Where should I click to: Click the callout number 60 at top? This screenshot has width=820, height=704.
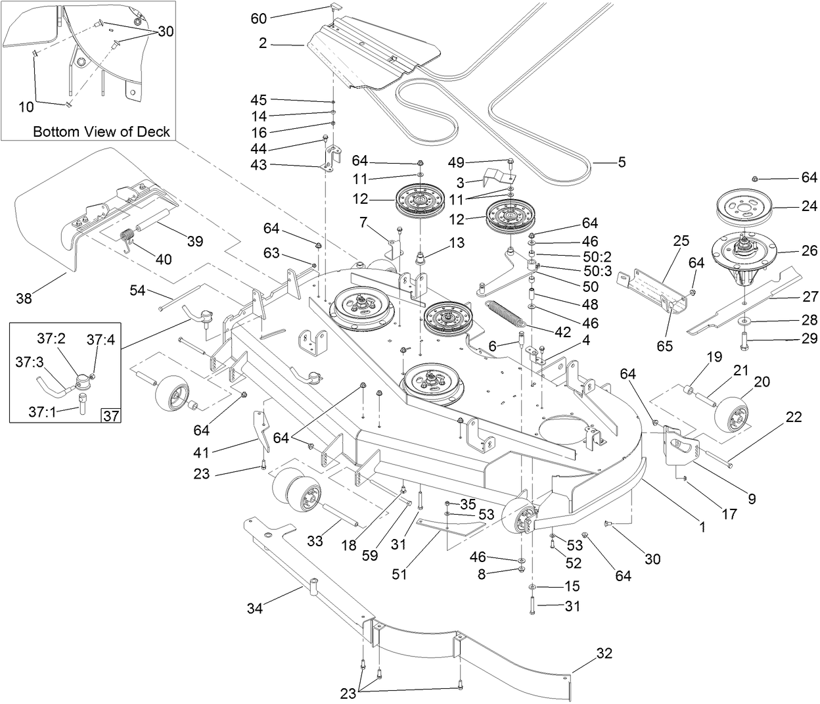pos(259,18)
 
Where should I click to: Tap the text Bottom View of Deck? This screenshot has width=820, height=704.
pos(101,131)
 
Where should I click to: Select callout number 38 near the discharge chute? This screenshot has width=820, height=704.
pos(25,298)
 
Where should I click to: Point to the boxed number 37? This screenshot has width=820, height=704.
pos(112,415)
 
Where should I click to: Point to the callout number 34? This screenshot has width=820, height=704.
pos(255,609)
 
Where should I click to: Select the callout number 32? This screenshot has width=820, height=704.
pos(604,653)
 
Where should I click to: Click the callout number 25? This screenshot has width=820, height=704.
pos(681,241)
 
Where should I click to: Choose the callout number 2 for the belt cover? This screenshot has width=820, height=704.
pos(263,43)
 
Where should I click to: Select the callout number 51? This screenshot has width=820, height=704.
pos(399,574)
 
